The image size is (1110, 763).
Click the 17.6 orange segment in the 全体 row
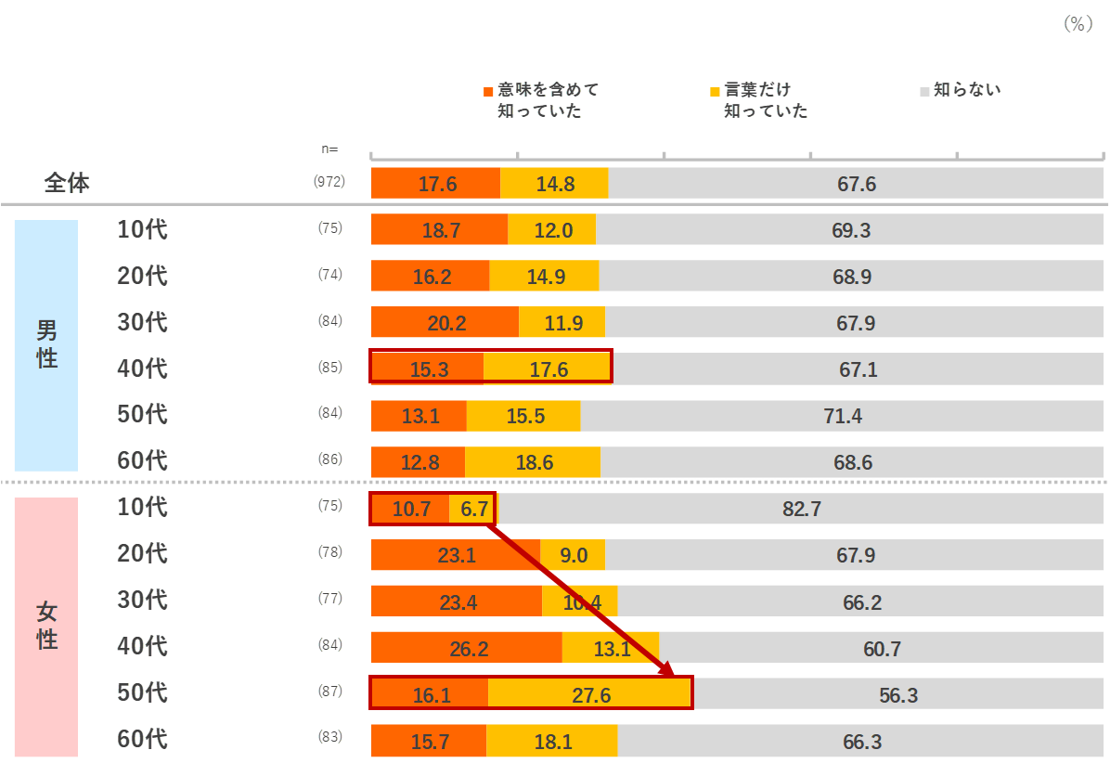[x=435, y=184]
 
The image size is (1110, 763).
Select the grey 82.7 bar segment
[x=801, y=509]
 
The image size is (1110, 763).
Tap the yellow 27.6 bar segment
[x=590, y=694]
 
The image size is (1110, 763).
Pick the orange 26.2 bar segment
[x=467, y=648]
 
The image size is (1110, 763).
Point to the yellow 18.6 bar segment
[x=533, y=462]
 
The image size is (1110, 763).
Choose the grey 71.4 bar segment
[x=843, y=416]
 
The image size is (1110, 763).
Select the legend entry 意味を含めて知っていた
[x=543, y=100]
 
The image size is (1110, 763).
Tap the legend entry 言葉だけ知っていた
[x=760, y=100]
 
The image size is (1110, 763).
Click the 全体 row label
[x=67, y=183]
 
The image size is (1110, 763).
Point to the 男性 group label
[x=46, y=345]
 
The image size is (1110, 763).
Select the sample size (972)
[x=329, y=182]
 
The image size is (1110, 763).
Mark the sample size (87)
[x=329, y=692]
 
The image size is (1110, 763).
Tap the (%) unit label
[x=1078, y=24]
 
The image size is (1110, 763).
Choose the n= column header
[x=329, y=149]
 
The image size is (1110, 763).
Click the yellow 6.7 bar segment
[x=473, y=509]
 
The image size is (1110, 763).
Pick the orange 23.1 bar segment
[x=456, y=555]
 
